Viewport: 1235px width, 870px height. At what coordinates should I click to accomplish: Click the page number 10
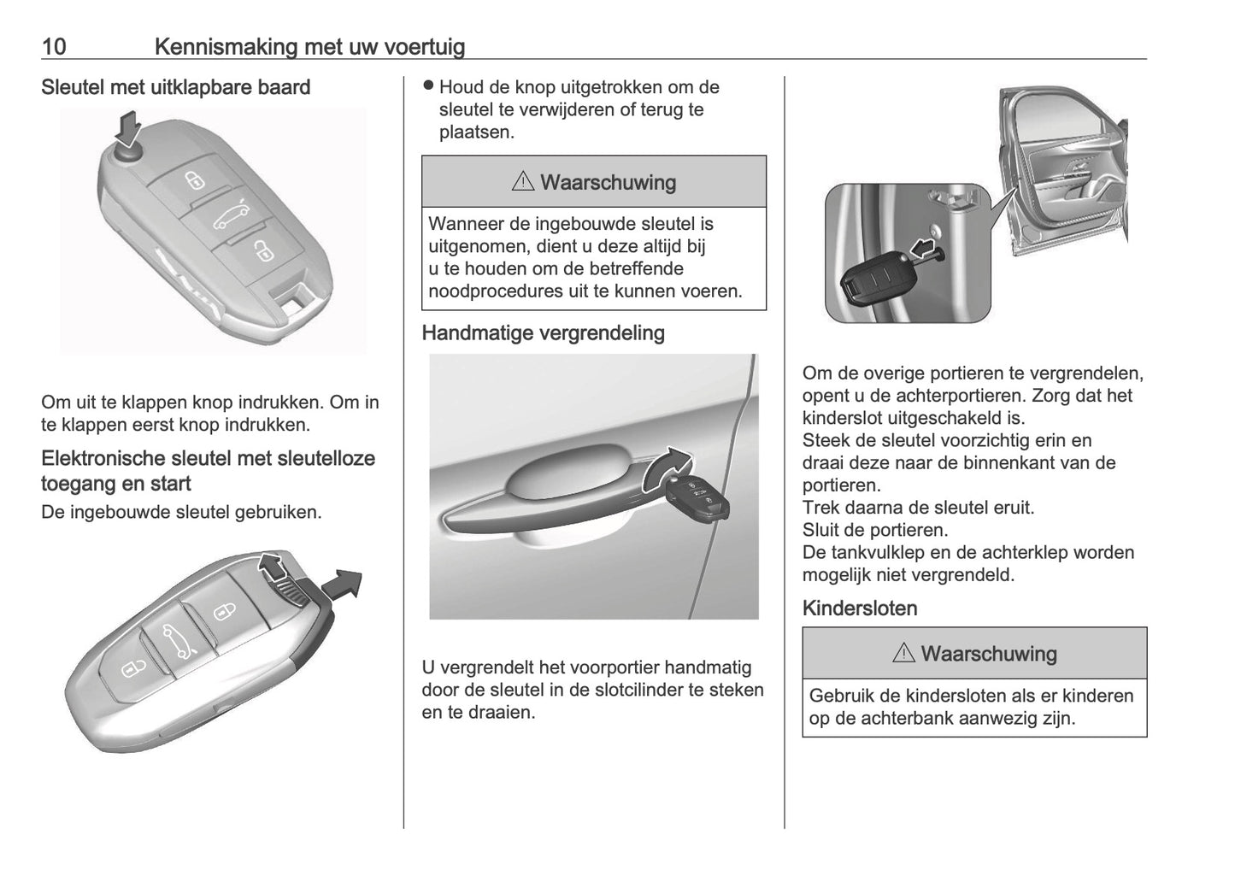tap(54, 46)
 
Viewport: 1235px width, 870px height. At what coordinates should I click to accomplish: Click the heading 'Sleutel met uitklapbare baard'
tap(175, 87)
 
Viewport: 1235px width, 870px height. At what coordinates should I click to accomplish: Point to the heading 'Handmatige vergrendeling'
tap(543, 332)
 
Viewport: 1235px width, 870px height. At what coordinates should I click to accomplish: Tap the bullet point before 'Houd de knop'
tap(429, 86)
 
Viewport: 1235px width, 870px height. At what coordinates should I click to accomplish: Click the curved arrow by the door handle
tap(667, 466)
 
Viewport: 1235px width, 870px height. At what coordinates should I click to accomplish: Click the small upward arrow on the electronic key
tap(273, 566)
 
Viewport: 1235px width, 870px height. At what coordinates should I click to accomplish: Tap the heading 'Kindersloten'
tap(860, 608)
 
